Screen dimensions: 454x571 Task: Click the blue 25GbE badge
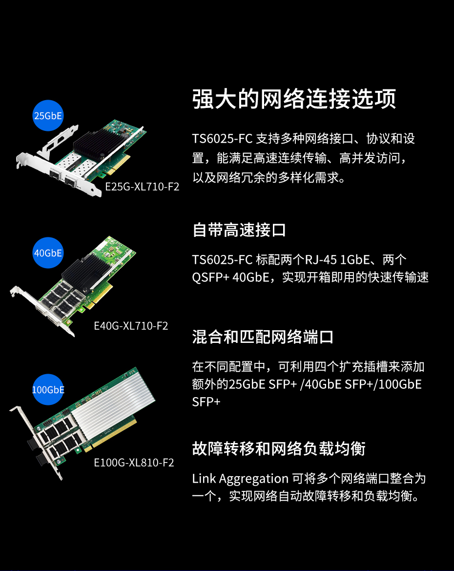(x=48, y=115)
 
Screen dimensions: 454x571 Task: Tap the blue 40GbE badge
(x=48, y=253)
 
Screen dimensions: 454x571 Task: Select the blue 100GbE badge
(x=48, y=390)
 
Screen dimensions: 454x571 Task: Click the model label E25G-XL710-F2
(x=142, y=187)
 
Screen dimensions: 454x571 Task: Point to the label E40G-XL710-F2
(x=131, y=326)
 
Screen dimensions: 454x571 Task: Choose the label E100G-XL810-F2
(x=134, y=463)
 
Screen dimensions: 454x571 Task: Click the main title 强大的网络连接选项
(x=294, y=99)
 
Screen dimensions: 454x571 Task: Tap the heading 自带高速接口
(x=239, y=230)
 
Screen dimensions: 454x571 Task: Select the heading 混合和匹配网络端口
(x=263, y=337)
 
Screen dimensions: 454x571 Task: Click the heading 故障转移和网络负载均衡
(x=279, y=448)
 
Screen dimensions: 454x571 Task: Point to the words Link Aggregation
(x=240, y=479)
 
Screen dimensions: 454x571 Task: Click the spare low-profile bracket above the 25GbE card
(x=58, y=141)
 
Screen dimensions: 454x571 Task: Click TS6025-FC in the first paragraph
(x=222, y=139)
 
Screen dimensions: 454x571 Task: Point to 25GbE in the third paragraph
(x=247, y=384)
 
